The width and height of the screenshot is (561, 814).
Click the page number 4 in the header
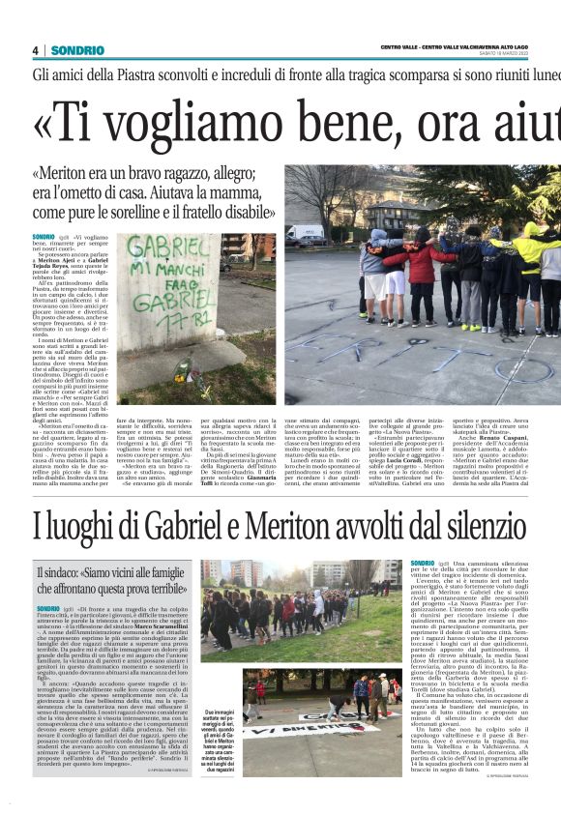coord(36,50)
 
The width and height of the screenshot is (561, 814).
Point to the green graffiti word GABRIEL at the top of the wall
coord(160,245)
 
